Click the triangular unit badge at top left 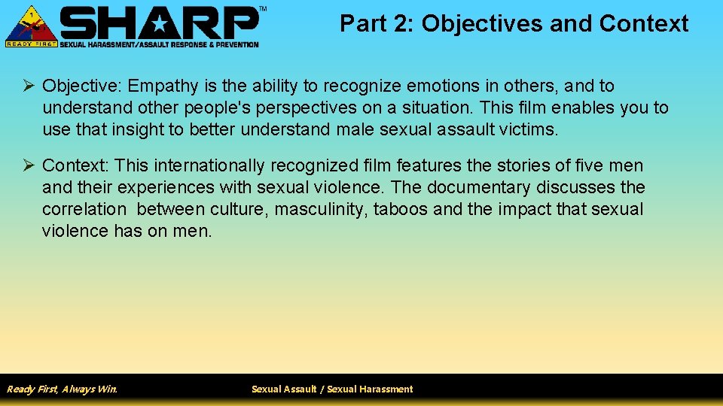31,26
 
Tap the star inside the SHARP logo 161,24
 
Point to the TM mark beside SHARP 262,9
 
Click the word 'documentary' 478,187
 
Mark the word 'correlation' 84,209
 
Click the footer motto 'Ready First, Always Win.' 62,389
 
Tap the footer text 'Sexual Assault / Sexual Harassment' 332,389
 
